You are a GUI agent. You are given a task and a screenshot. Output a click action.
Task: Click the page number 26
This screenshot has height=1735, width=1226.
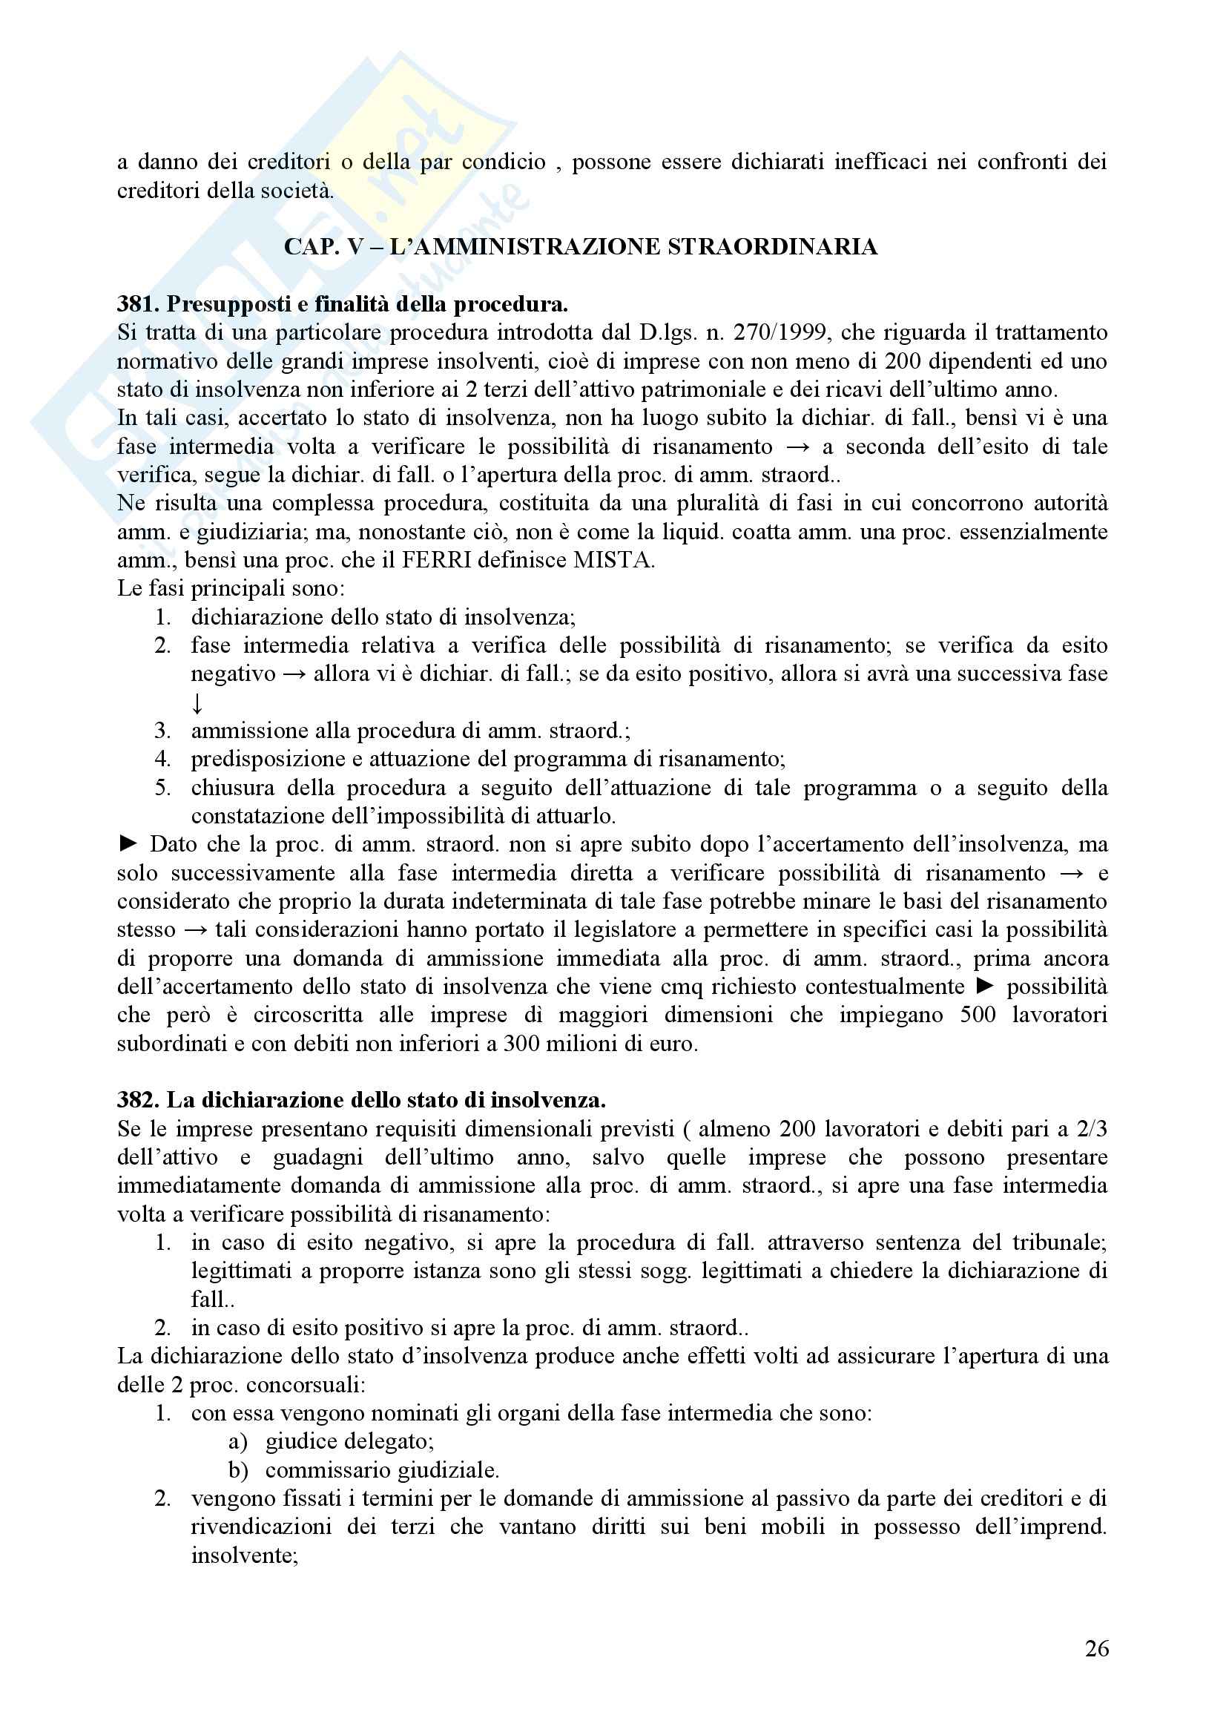pos(1096,1648)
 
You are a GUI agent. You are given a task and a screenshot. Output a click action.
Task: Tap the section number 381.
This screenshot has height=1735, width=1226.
pos(136,305)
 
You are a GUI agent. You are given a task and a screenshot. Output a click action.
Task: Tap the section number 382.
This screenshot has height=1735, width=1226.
pos(136,1099)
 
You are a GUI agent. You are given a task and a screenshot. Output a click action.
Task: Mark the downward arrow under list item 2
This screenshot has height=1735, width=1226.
pos(197,703)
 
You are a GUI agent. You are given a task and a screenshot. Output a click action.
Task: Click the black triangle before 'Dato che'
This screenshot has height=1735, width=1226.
pos(128,844)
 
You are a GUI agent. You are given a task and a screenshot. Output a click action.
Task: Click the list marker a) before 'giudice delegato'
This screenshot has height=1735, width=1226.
pos(238,1442)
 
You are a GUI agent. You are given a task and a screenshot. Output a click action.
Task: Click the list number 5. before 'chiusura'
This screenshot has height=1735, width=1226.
pos(163,789)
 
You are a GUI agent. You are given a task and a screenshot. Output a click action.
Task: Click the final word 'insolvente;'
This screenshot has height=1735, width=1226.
pos(245,1555)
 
